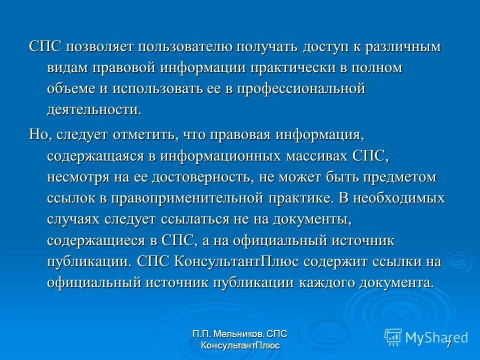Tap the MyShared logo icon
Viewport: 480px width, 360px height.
(x=393, y=337)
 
